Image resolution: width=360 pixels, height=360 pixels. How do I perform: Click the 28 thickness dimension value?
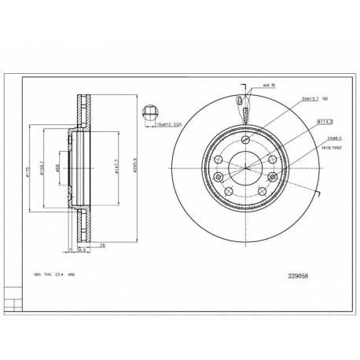(101, 244)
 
